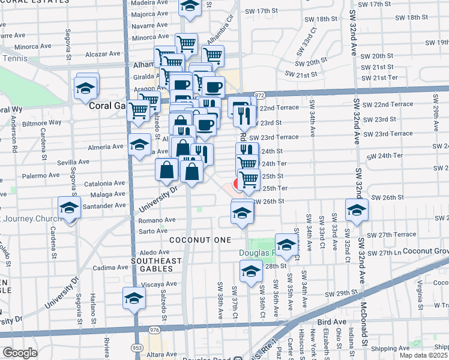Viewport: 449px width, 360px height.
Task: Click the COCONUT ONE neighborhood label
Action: pyautogui.click(x=200, y=240)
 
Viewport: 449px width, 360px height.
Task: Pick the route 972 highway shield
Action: pyautogui.click(x=259, y=95)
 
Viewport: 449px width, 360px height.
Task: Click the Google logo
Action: pyautogui.click(x=20, y=353)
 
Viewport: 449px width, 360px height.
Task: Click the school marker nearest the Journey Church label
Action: pyautogui.click(x=70, y=209)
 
